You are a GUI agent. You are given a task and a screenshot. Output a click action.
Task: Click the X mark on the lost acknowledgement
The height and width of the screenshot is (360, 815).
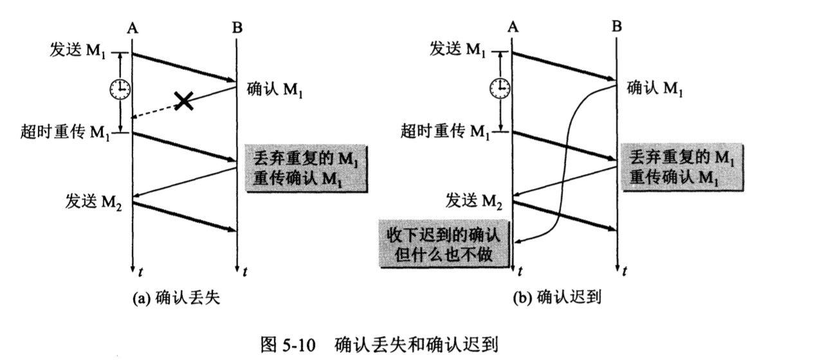tap(185, 100)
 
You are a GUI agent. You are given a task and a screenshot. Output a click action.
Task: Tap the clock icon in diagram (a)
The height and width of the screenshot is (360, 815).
tap(120, 89)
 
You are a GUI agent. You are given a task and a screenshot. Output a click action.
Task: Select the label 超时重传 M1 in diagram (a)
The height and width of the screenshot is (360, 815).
tap(65, 133)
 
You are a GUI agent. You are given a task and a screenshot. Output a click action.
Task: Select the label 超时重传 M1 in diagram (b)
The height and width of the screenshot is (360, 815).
tap(444, 132)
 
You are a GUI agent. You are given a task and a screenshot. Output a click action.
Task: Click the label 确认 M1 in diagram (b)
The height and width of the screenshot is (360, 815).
tap(654, 88)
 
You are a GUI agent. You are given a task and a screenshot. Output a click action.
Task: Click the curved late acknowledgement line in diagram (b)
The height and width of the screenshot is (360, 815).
tap(566, 161)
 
